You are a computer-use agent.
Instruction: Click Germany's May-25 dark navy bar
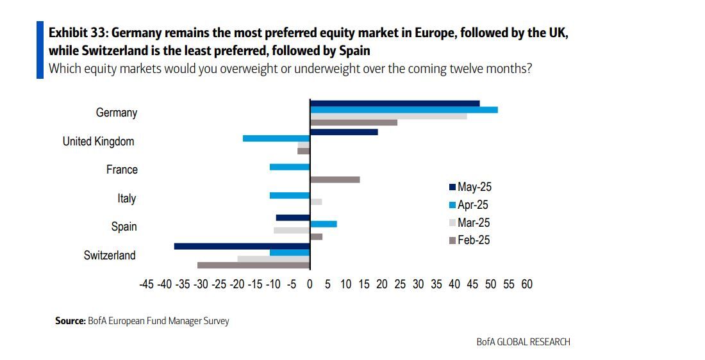pyautogui.click(x=394, y=103)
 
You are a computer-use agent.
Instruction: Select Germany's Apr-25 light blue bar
pyautogui.click(x=404, y=110)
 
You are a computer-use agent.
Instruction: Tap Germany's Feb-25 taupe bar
pyautogui.click(x=354, y=122)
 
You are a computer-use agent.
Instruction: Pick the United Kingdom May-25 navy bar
pyautogui.click(x=344, y=132)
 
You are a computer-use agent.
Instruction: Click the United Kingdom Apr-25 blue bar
pyautogui.click(x=276, y=138)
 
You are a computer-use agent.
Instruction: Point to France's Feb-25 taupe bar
pyautogui.click(x=335, y=179)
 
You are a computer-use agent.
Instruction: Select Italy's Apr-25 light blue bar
pyautogui.click(x=290, y=195)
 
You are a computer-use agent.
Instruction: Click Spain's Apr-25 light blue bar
pyautogui.click(x=323, y=224)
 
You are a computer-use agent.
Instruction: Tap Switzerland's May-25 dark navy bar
pyautogui.click(x=242, y=246)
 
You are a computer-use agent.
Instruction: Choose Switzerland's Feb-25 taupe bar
pyautogui.click(x=254, y=265)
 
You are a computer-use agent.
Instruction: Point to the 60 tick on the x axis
pyautogui.click(x=527, y=284)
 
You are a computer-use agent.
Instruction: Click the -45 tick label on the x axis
pyautogui.click(x=146, y=284)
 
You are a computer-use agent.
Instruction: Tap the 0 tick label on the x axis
pyautogui.click(x=310, y=284)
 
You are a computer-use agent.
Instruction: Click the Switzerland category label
pyautogui.click(x=110, y=256)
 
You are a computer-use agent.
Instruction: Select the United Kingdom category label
pyautogui.click(x=98, y=142)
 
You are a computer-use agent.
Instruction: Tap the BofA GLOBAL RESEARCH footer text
pyautogui.click(x=523, y=341)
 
